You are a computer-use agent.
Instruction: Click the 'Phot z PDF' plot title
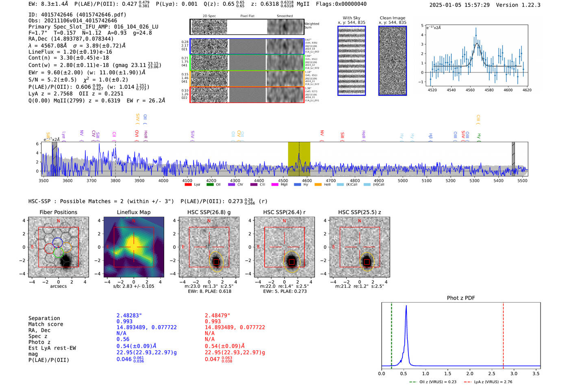point(461,298)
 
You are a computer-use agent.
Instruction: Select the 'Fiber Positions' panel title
point(58,212)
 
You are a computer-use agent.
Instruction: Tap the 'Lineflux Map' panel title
point(133,212)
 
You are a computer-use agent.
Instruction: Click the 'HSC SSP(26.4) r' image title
point(284,212)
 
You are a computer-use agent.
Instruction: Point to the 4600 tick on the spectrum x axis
point(307,181)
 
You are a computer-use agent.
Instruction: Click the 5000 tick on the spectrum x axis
point(403,181)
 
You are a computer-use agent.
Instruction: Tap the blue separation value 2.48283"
point(129,316)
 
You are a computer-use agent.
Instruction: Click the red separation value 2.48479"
point(217,316)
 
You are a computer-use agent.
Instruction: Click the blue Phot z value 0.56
point(123,339)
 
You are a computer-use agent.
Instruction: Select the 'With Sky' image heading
point(352,18)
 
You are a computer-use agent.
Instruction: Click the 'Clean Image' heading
point(392,18)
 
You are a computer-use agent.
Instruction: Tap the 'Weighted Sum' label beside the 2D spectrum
point(312,26)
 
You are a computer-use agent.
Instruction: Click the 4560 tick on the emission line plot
point(470,90)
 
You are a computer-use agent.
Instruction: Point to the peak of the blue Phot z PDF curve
point(406,306)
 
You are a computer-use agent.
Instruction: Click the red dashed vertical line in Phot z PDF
point(503,334)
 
